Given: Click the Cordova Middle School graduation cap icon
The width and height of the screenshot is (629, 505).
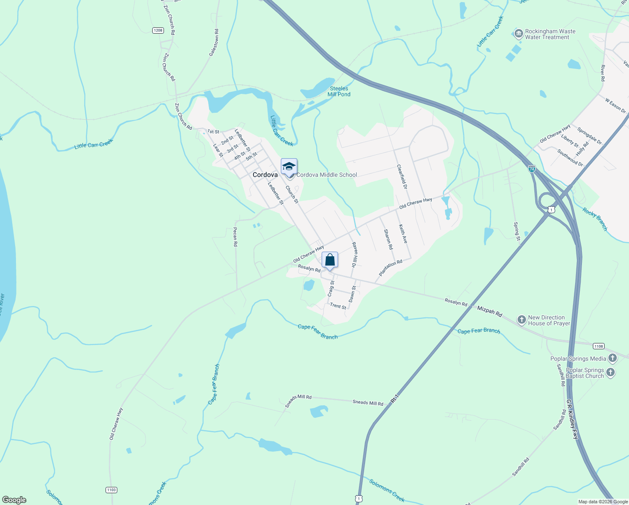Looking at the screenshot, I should coord(289,167).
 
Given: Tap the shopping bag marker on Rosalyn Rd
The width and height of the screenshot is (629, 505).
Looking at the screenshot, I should coord(330,260).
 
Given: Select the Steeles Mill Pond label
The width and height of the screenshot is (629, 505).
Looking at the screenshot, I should coord(339,91).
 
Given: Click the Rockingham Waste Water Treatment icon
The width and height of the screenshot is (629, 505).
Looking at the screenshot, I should coord(518,33).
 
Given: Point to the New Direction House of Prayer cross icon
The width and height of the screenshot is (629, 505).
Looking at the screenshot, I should coord(521,320).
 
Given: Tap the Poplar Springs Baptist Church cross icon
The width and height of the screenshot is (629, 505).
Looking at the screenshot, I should coord(610,372).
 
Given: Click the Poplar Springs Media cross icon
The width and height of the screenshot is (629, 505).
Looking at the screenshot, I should coord(613,359).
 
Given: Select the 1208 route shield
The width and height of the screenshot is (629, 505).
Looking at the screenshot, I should coord(158,30).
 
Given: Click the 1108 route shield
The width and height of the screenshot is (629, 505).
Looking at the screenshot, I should coord(598,346).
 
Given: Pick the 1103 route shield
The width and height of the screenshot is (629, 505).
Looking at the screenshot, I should coord(111,490).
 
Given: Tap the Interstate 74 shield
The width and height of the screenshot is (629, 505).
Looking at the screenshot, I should coord(532,169).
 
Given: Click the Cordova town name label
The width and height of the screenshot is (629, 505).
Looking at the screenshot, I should coord(265,175).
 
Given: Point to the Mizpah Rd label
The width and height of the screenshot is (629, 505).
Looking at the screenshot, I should coord(489,311).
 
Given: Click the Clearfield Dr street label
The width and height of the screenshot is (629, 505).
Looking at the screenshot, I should coord(402,176).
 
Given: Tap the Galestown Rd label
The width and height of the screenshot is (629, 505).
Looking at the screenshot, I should coord(214,43).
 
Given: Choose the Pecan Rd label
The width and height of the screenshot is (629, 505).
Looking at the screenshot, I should coord(235,237).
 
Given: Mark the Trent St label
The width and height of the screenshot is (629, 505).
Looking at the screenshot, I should coord(338,306).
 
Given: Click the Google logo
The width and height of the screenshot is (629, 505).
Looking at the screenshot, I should coord(14,500).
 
